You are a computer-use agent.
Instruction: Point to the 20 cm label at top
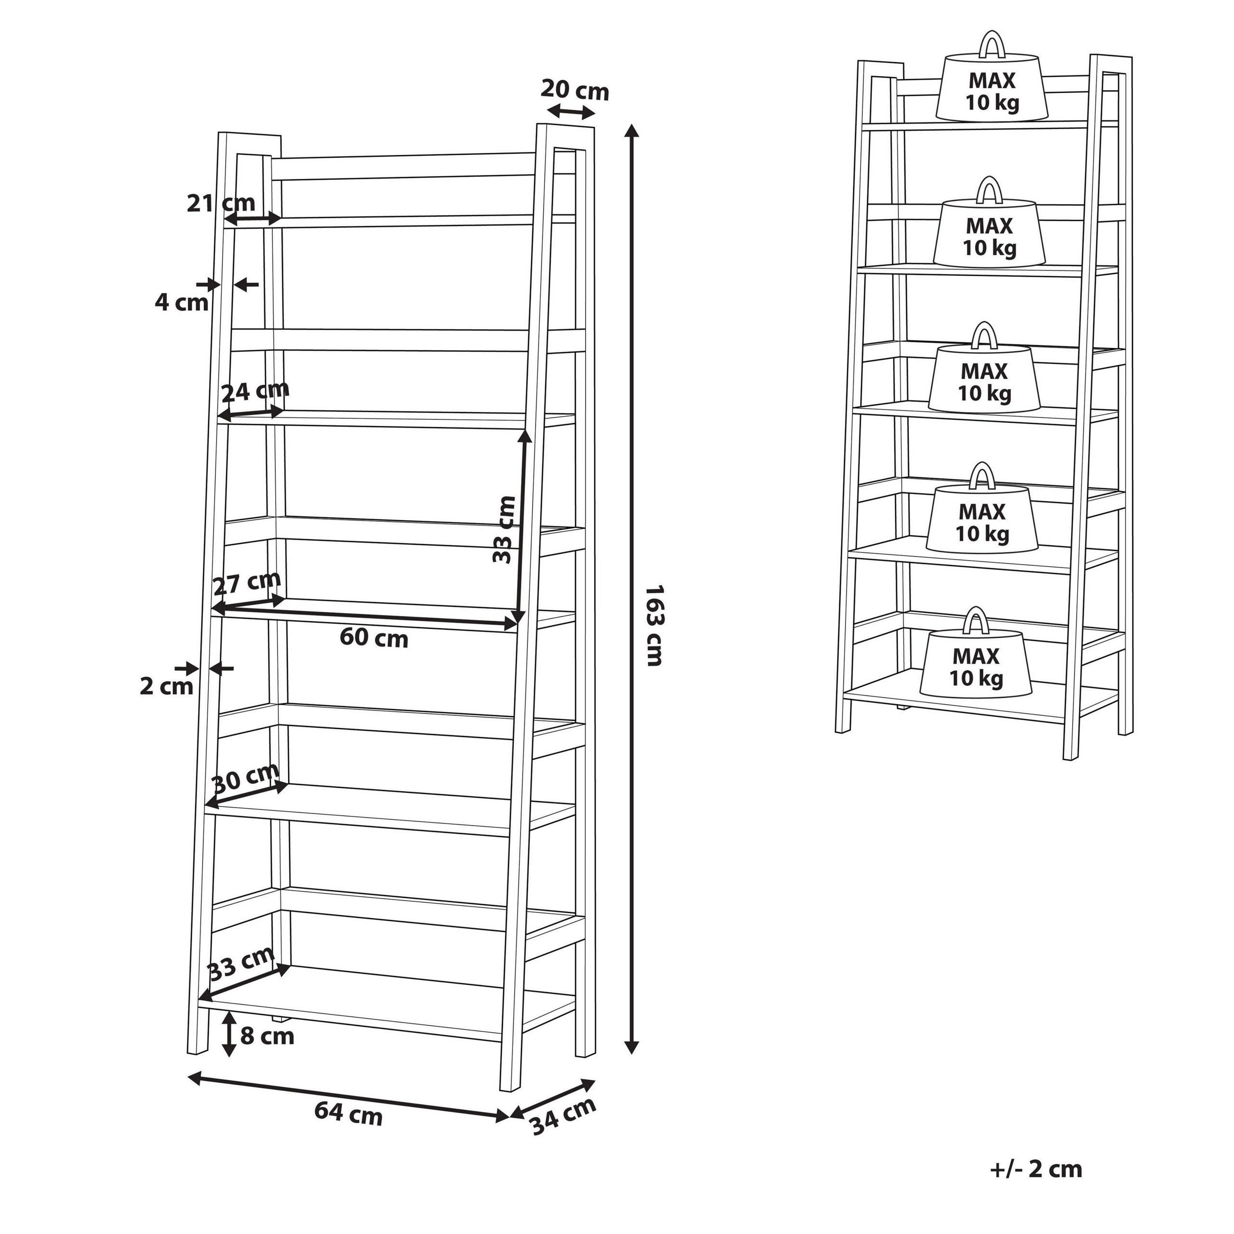click(575, 90)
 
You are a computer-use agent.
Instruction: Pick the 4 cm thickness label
click(181, 302)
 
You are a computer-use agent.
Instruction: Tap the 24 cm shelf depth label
click(255, 390)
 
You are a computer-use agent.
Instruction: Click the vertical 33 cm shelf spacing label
click(504, 529)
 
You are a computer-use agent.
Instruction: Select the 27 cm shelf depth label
click(246, 583)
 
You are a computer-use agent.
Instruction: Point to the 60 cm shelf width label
click(374, 637)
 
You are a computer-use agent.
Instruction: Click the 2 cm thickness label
click(167, 686)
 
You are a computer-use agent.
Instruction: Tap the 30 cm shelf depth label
click(244, 778)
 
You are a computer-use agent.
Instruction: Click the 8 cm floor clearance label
click(267, 1036)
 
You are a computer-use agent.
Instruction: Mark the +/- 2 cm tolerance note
click(1036, 1169)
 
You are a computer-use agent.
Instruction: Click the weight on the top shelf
click(992, 75)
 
